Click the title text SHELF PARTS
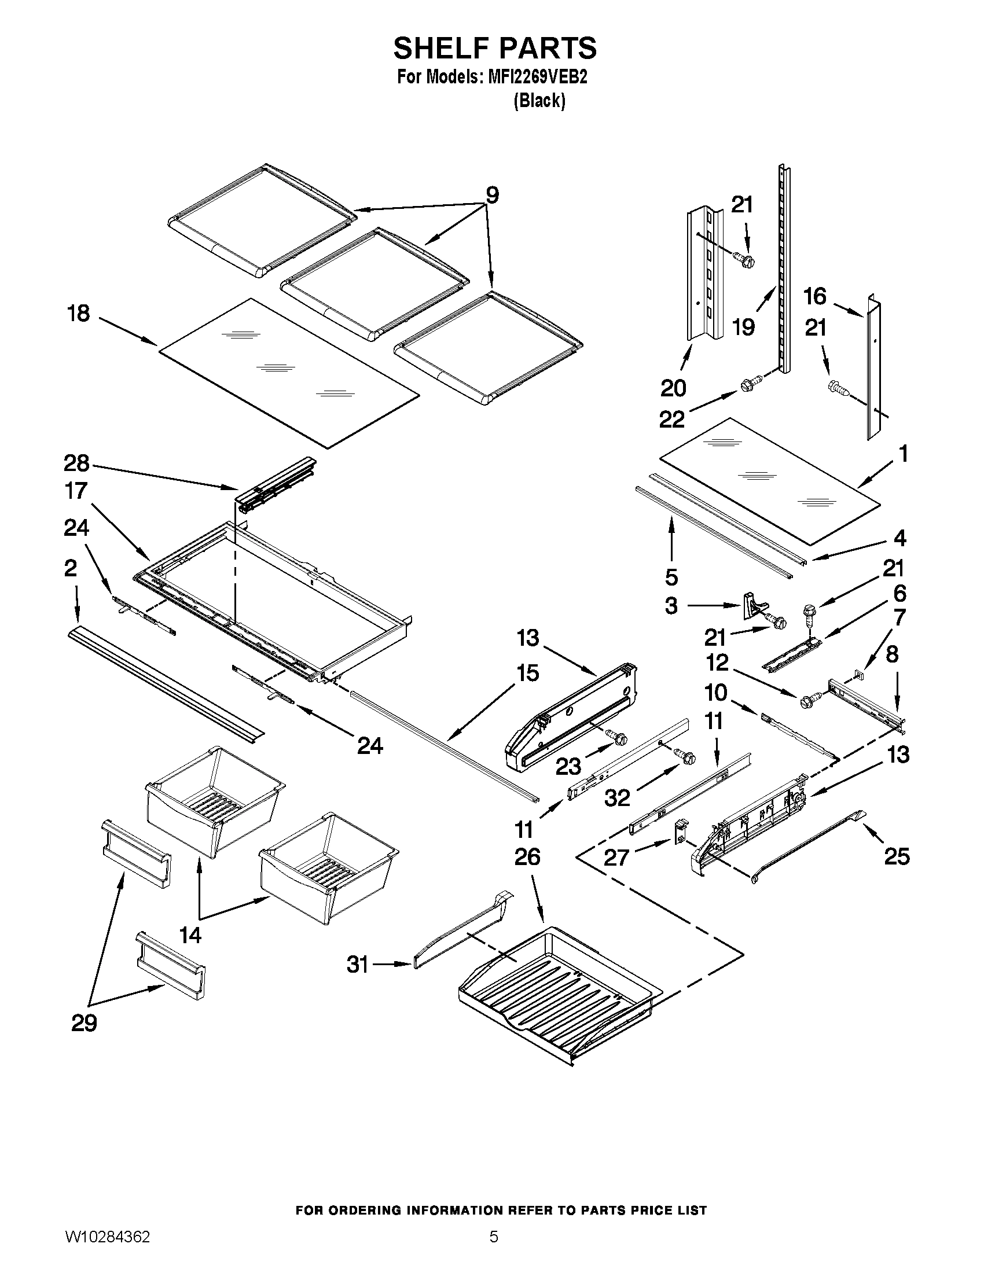[x=494, y=48]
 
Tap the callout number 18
[x=79, y=314]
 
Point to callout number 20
[x=673, y=388]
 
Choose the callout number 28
[x=76, y=463]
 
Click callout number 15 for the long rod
[x=527, y=673]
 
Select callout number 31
[x=357, y=965]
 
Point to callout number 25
[x=897, y=857]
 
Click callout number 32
[x=617, y=797]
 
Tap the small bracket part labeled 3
[x=751, y=606]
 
